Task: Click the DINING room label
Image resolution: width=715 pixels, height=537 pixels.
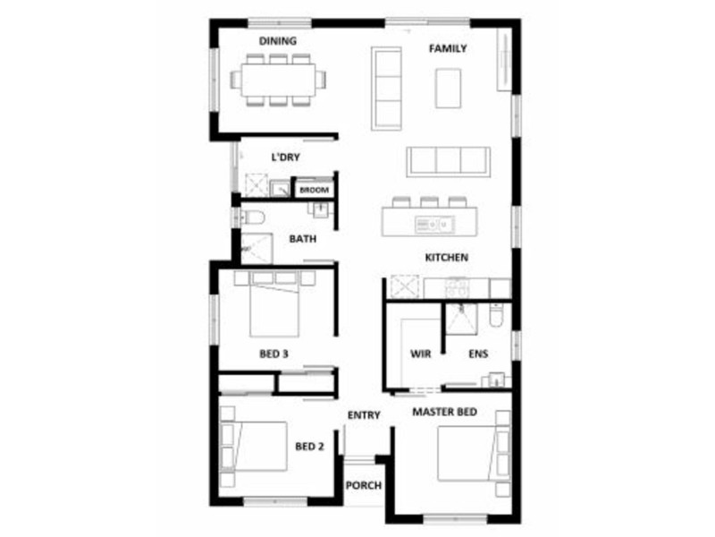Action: coord(278,41)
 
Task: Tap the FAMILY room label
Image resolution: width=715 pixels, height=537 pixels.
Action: coord(447,48)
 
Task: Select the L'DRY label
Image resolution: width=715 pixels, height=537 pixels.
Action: coord(285,158)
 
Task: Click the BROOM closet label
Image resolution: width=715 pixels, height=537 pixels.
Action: coord(313,190)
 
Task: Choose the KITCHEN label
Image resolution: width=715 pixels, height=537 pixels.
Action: coord(447,258)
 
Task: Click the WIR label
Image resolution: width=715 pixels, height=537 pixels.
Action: coord(420,354)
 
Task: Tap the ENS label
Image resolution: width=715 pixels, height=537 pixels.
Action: coord(478,354)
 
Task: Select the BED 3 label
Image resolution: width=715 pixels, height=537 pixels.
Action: coord(273,354)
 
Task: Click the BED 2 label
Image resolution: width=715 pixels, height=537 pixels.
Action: coord(309,447)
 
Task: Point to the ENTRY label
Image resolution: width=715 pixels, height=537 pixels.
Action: coord(364,415)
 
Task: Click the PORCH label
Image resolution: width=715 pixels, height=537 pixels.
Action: coord(364,486)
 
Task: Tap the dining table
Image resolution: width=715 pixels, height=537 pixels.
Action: coord(276,79)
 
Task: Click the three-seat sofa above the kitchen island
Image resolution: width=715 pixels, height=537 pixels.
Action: coord(448,161)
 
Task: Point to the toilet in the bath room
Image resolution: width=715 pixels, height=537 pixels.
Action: coord(252,217)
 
